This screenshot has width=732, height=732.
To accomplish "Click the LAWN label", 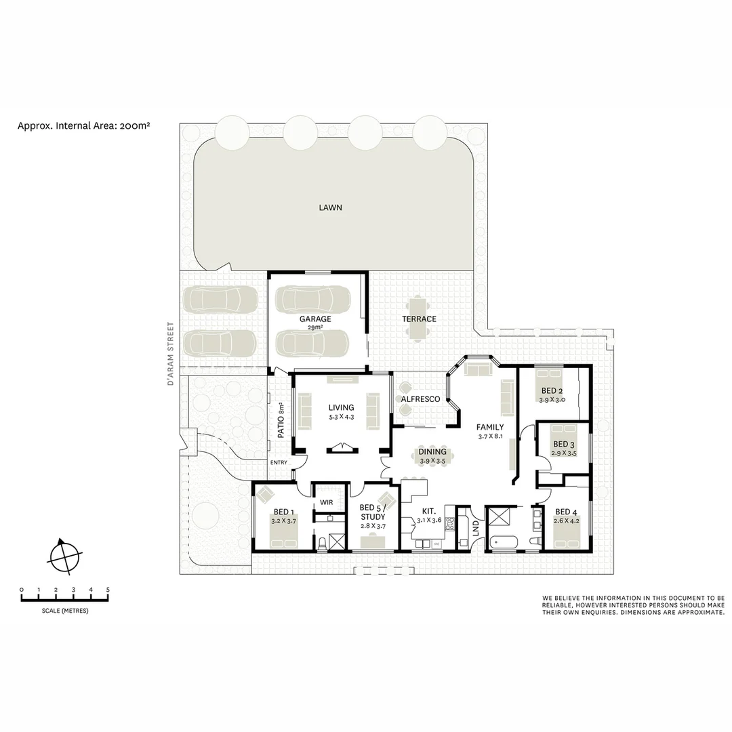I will [330, 207].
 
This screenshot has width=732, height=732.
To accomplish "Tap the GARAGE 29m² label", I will [315, 321].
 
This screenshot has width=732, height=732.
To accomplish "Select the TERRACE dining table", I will [418, 318].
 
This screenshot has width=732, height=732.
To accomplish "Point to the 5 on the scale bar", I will [108, 590].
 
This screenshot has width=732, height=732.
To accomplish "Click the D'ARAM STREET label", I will [171, 354].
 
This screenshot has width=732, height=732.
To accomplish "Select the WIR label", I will [327, 503].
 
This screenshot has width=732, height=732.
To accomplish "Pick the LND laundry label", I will [476, 528].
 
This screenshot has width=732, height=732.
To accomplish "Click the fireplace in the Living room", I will [341, 447].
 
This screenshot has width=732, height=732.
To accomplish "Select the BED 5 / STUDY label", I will [372, 512].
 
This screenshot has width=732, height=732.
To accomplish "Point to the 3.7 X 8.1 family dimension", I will [490, 437].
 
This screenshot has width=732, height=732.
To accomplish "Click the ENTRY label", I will [279, 462].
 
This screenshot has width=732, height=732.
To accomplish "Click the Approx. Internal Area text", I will [83, 125].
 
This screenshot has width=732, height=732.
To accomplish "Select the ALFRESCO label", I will [420, 399].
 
